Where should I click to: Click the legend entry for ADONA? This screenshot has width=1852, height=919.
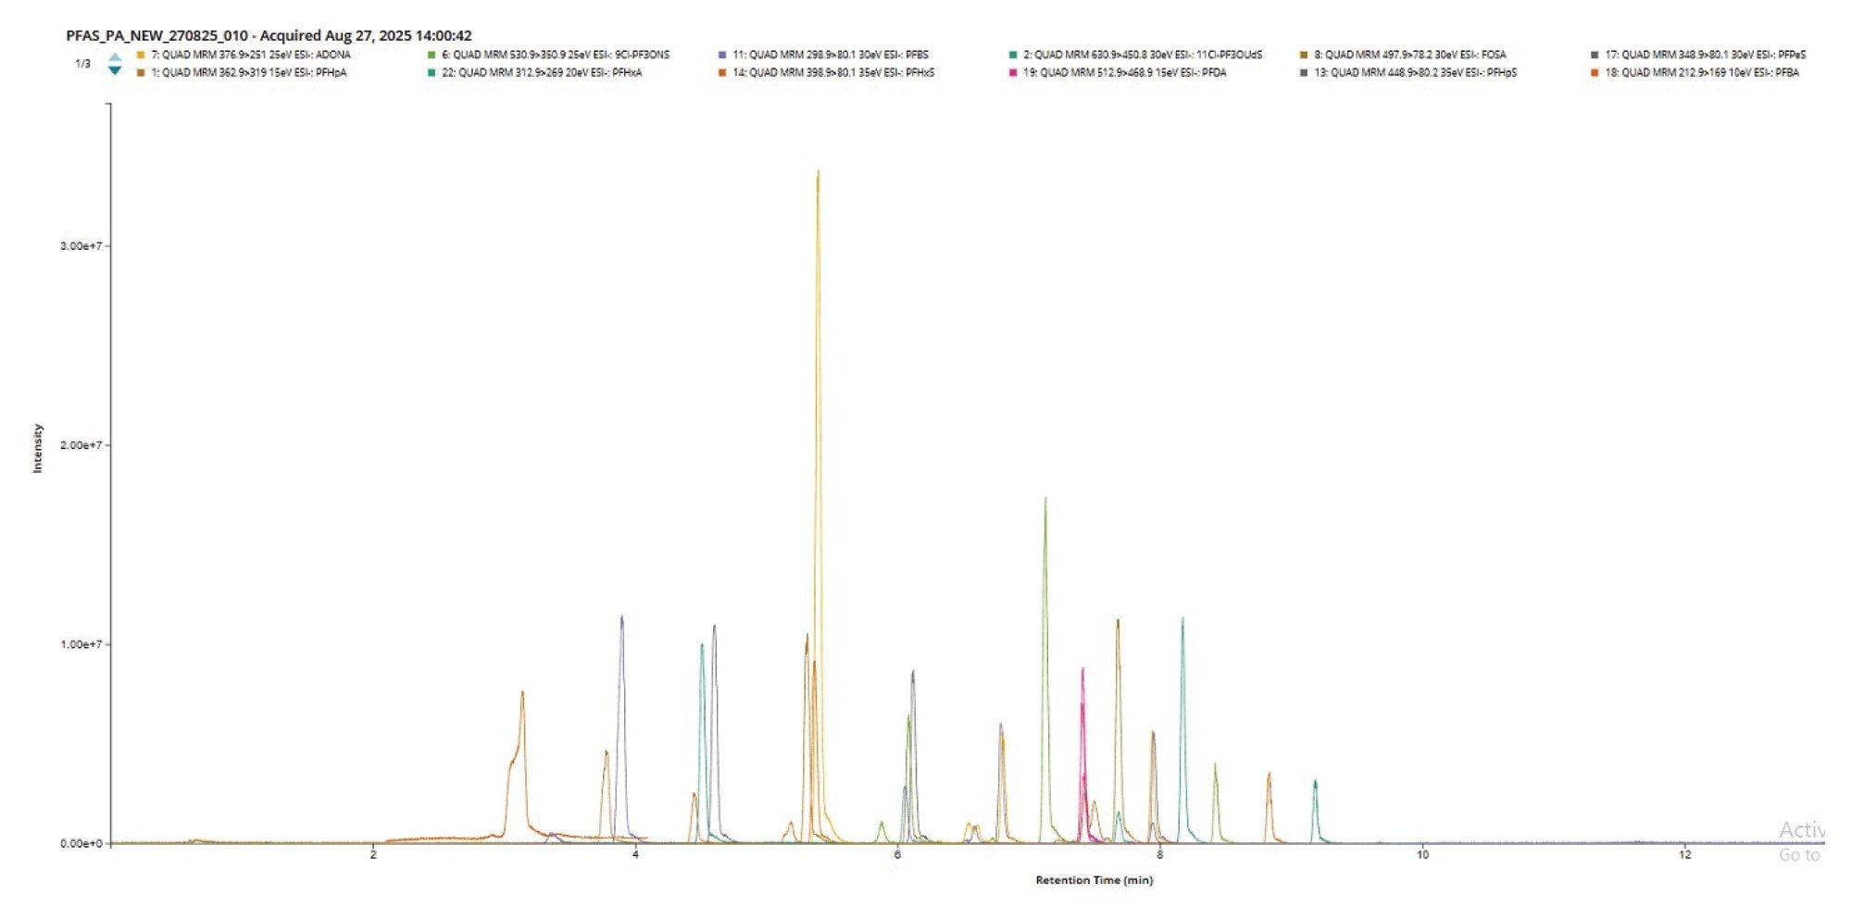(x=250, y=55)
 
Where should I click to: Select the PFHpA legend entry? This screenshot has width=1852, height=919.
(x=248, y=72)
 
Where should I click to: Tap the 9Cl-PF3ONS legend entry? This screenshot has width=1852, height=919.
(x=554, y=55)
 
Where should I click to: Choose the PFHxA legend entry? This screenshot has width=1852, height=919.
(x=541, y=72)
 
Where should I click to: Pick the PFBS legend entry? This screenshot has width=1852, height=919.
(x=830, y=55)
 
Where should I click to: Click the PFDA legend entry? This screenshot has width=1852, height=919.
(x=1123, y=72)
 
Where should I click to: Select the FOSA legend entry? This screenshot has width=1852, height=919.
(x=1408, y=55)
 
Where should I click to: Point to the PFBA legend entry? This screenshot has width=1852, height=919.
(x=1701, y=72)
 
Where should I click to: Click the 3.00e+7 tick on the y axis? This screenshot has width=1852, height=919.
(x=81, y=246)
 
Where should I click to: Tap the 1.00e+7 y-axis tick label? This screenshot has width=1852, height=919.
(x=81, y=644)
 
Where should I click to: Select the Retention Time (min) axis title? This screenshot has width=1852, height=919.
(x=1094, y=880)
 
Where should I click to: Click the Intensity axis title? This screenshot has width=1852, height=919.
(x=38, y=448)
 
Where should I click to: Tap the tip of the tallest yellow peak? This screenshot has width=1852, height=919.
(x=818, y=172)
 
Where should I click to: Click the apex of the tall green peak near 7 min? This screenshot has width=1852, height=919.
(x=1045, y=500)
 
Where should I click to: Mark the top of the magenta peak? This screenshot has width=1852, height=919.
(x=1082, y=670)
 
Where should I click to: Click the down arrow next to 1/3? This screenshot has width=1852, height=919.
(x=115, y=71)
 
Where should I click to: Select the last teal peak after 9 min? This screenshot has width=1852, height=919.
(x=1315, y=783)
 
